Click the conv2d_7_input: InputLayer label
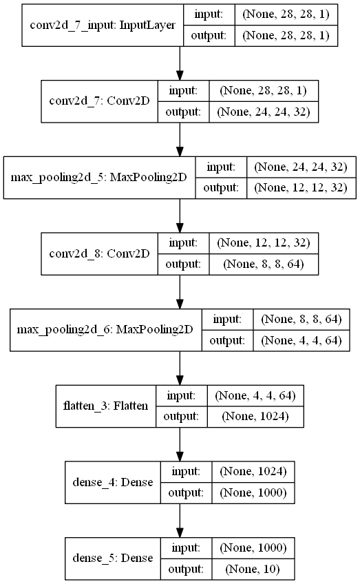pos(103,25)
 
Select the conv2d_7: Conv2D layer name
pos(99,101)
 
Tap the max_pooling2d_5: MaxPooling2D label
pos(98,177)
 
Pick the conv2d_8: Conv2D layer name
pos(99,253)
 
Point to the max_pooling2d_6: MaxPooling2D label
pos(105,330)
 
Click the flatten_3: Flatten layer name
pos(106,406)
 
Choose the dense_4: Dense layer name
pos(113,482)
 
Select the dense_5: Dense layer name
pos(113,559)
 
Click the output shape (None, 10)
pos(253,569)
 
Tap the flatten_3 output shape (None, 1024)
pos(255,417)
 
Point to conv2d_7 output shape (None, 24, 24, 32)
pos(263,112)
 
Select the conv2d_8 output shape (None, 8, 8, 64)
pos(263,264)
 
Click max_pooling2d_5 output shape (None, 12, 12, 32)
pos(300,188)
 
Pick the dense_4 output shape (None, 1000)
pos(253,493)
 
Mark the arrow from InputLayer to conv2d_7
pos(180,63)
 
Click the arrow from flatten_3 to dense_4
pos(180,444)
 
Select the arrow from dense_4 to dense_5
pos(180,521)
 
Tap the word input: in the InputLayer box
pos(209,14)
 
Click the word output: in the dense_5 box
pos(186,569)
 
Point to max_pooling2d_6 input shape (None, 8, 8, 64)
pos(301,320)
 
